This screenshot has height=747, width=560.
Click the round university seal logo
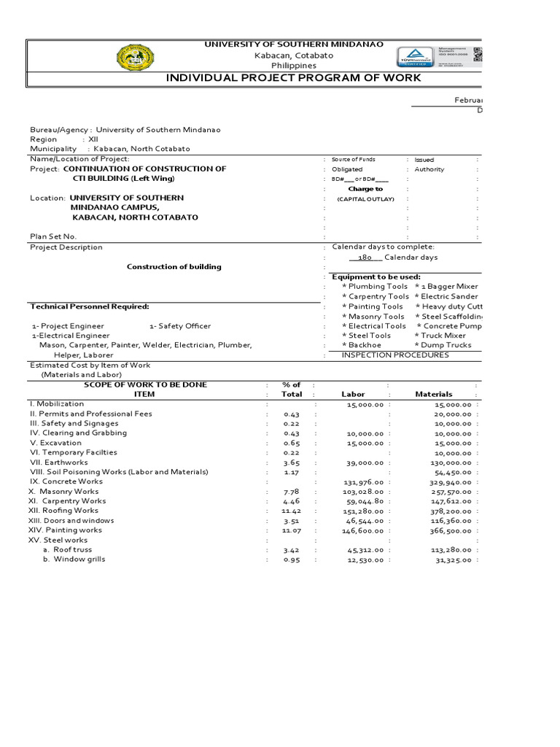[x=136, y=57]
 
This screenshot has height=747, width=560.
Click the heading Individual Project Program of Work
[x=294, y=78]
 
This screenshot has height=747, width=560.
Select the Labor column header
[x=353, y=395]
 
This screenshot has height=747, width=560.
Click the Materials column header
[x=433, y=395]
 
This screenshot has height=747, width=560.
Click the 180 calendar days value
[x=365, y=258]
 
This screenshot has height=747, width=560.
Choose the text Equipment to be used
[x=376, y=277]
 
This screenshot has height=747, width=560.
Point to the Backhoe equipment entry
[x=365, y=345]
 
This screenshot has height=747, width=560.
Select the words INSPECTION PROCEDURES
[x=395, y=355]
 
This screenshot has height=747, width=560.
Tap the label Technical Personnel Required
[x=89, y=306]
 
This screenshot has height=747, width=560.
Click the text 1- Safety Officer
[x=180, y=326]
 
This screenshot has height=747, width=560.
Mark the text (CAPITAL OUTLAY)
[x=365, y=199]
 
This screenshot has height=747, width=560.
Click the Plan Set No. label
[x=52, y=236]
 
